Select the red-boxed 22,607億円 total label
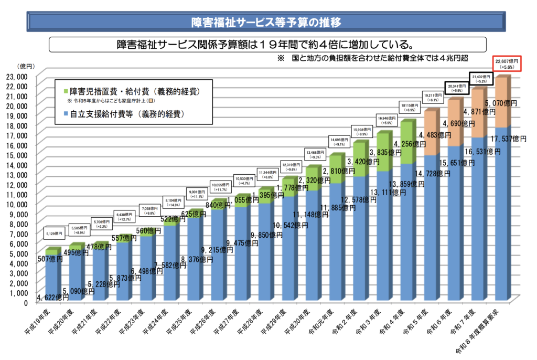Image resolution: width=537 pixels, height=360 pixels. pyautogui.click(x=506, y=64)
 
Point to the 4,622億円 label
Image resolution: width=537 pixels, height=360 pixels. pyautogui.click(x=52, y=298)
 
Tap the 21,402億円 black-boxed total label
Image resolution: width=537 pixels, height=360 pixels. pyautogui.click(x=481, y=79)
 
